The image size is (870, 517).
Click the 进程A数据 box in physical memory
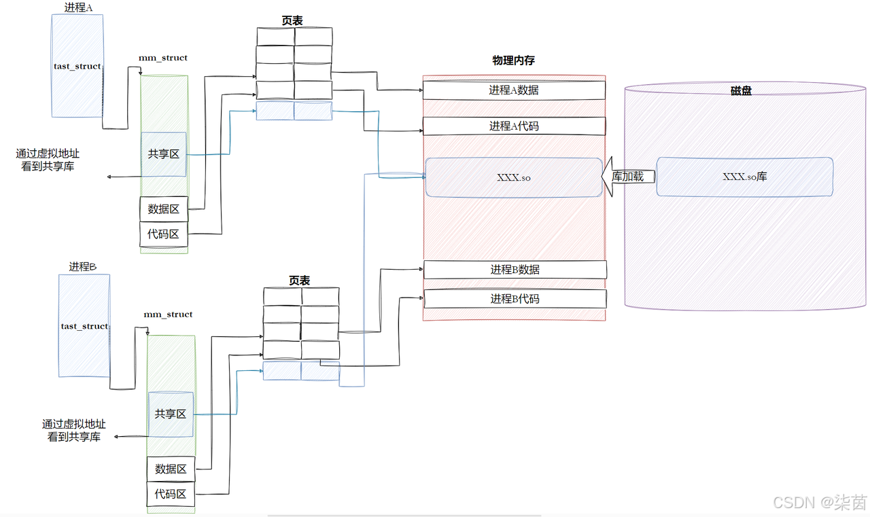pyautogui.click(x=514, y=90)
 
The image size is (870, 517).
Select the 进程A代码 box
pyautogui.click(x=514, y=126)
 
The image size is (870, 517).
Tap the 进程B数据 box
pyautogui.click(x=515, y=270)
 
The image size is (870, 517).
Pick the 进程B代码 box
pyautogui.click(x=515, y=299)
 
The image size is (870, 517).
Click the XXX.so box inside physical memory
pyautogui.click(x=514, y=177)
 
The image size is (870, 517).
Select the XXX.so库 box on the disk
pyautogui.click(x=744, y=177)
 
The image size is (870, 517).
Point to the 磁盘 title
pyautogui.click(x=741, y=90)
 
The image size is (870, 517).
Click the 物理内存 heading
pyautogui.click(x=513, y=60)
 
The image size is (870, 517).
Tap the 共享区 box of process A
pyautogui.click(x=164, y=154)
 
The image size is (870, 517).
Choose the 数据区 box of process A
pyautogui.click(x=164, y=209)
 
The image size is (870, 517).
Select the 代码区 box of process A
pyautogui.click(x=164, y=234)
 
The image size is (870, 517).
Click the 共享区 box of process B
pyautogui.click(x=171, y=414)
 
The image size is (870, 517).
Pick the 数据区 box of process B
pyautogui.click(x=171, y=469)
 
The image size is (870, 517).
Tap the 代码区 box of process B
pyautogui.click(x=171, y=494)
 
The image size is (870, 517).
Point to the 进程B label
pyautogui.click(x=83, y=267)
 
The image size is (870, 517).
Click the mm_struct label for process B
pyautogui.click(x=168, y=315)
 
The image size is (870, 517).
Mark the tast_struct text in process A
pyautogui.click(x=77, y=67)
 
